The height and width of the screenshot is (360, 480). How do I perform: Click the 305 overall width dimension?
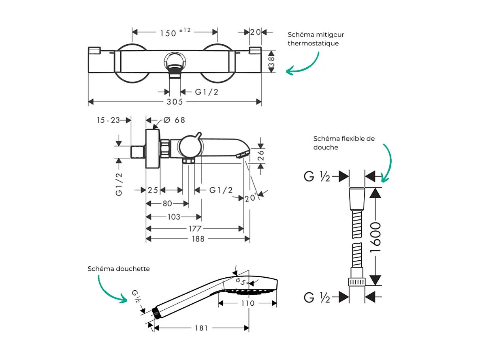[x=175, y=102]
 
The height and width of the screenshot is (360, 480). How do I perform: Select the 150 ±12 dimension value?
[x=175, y=32]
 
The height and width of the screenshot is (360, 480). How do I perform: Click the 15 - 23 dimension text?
[x=108, y=120]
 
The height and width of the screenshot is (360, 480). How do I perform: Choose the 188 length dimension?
[x=197, y=239]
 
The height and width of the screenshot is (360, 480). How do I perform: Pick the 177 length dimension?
[x=195, y=229]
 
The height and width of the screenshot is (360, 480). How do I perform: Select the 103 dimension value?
[x=173, y=217]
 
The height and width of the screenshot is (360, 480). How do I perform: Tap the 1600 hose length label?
[x=375, y=237]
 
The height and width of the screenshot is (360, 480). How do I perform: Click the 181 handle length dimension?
[x=201, y=328]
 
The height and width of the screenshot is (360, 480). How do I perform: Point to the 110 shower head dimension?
[x=247, y=303]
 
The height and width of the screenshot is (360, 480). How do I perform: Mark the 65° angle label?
[x=242, y=281]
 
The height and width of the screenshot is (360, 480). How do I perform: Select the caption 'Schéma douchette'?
[x=119, y=269]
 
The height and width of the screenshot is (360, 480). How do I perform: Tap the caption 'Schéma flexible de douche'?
[x=344, y=143]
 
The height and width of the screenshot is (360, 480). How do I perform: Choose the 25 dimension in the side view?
[x=153, y=190]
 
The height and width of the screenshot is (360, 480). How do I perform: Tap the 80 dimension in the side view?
[x=167, y=204]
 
